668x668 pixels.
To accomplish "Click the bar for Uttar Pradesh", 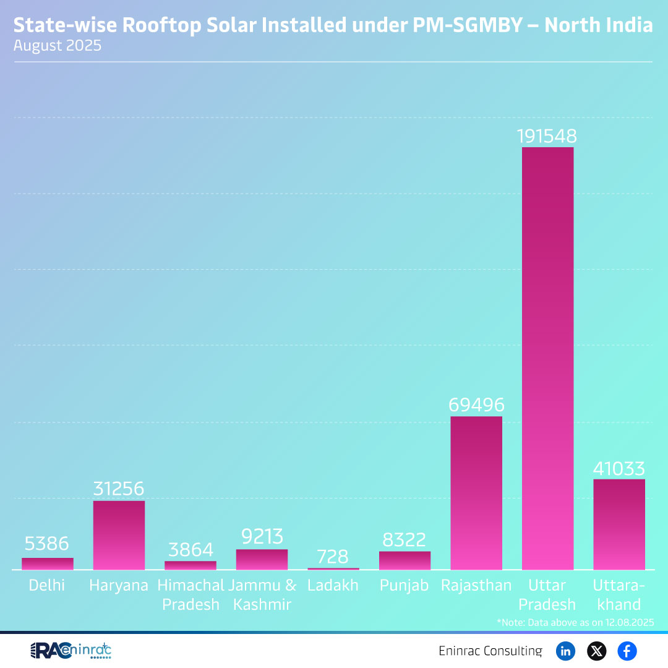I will pos(547,359).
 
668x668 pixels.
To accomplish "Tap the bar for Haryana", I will pos(119,535).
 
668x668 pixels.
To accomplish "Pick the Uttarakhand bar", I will pos(619,525).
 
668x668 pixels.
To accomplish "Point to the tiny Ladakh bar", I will pos(333,568).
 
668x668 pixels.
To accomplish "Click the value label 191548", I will pos(547,136).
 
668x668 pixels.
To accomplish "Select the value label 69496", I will pos(476,405).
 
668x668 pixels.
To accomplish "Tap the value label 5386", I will pos(47,544).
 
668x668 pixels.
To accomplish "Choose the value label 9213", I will pos(261,537).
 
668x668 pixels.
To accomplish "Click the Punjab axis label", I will pos(405,585).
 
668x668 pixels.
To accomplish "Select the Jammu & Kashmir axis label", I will pos(262,594).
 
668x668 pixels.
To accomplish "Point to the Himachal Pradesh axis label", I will pos(191,594).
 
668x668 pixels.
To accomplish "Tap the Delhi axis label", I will pos(47,585).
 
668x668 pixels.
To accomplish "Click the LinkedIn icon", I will pos(565,651).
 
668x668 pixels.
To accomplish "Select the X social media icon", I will pos(596,651).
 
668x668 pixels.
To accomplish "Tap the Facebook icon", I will pos(627,651).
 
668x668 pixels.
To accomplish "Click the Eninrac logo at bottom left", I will pos(71,651).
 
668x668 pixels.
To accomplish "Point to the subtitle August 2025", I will pos(58,46).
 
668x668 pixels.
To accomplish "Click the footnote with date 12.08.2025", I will pos(575,622).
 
